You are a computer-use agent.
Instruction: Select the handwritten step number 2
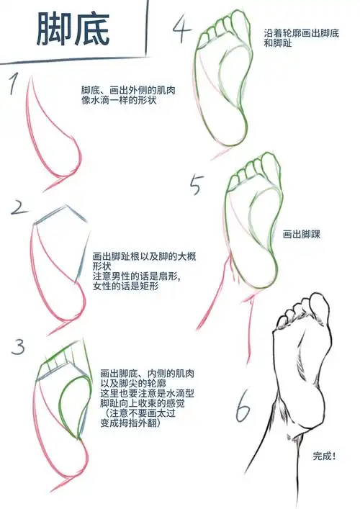click(19, 208)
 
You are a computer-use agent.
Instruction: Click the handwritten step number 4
click(181, 30)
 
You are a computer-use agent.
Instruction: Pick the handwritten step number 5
click(197, 185)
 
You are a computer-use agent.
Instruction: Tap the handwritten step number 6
click(243, 411)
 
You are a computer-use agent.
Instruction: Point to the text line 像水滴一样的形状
click(119, 101)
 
